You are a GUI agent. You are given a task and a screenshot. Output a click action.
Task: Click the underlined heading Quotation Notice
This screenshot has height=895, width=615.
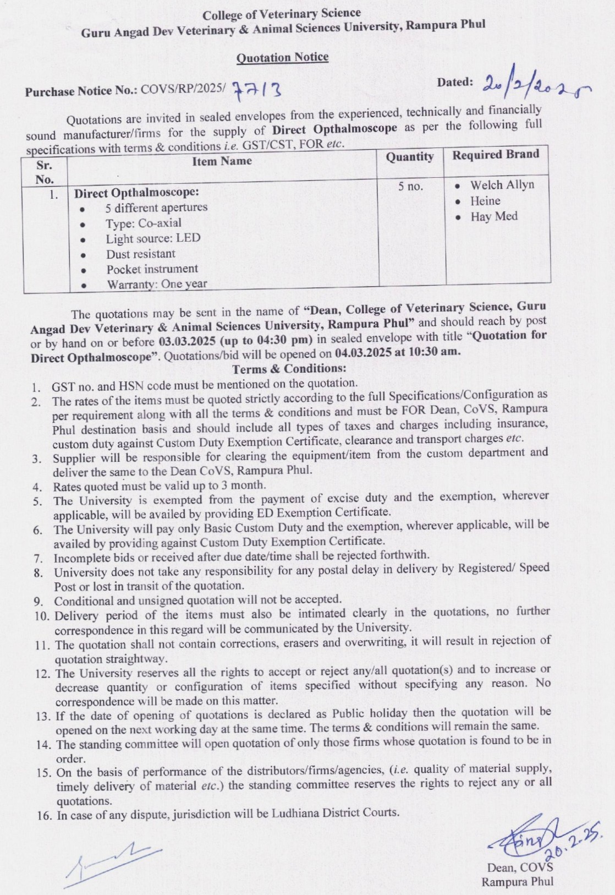pos(282,57)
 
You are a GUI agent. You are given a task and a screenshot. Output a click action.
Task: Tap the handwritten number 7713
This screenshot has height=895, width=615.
pos(257,88)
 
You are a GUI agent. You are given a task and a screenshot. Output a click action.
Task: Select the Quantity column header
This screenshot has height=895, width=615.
pos(409,157)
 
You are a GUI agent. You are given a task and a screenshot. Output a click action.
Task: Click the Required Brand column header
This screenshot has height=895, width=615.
pos(496,154)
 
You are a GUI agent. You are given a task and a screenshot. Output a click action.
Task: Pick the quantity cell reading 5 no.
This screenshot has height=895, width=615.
pos(410,187)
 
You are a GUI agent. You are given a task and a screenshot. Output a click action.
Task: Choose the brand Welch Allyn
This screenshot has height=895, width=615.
pos(502,185)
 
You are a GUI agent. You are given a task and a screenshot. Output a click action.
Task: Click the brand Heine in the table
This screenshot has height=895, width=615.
pos(485,201)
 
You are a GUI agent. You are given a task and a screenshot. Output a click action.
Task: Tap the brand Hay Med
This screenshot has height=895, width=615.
pos(493,216)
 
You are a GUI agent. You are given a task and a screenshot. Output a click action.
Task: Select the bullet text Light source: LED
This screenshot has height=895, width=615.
pos(153,238)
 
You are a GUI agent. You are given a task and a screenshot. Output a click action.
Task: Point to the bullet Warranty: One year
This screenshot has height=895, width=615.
pos(157,284)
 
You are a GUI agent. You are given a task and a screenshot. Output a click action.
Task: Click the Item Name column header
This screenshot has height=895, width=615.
pos(222,161)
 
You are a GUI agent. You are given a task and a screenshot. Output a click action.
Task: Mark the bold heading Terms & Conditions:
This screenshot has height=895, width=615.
pos(289,368)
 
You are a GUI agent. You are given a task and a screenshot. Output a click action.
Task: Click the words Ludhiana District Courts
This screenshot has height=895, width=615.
pos(336,812)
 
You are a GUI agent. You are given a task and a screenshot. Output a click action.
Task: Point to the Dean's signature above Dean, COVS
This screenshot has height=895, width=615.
pos(523,843)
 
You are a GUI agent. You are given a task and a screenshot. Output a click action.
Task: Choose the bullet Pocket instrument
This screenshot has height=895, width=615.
pos(152,269)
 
